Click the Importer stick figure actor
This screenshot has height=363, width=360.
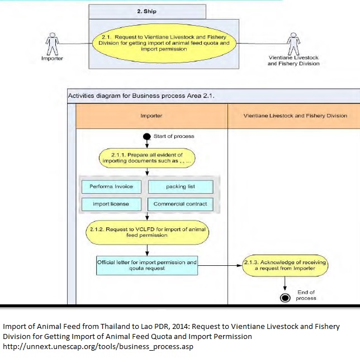pyautogui.click(x=52, y=42)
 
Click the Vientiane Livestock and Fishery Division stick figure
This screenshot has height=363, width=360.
pyautogui.click(x=293, y=42)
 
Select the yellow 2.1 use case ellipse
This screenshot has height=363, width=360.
pyautogui.click(x=164, y=43)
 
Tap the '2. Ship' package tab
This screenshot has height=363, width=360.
pyautogui.click(x=146, y=11)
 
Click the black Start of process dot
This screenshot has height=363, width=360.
pyautogui.click(x=146, y=136)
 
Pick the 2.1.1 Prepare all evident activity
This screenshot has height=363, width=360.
pyautogui.click(x=146, y=157)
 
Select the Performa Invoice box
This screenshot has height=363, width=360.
pyautogui.click(x=111, y=187)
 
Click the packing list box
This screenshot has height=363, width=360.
pyautogui.click(x=180, y=187)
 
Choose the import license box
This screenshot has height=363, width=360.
pyautogui.click(x=111, y=204)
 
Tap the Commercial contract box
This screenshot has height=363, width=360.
pyautogui.click(x=180, y=204)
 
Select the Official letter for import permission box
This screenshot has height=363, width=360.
pyautogui.click(x=146, y=265)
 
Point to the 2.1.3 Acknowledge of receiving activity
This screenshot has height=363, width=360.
pyautogui.click(x=285, y=265)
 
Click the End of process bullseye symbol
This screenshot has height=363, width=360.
pyautogui.click(x=285, y=298)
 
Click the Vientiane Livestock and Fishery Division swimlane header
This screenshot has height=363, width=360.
pyautogui.click(x=295, y=116)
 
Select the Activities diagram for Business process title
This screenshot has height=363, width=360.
pyautogui.click(x=141, y=95)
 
